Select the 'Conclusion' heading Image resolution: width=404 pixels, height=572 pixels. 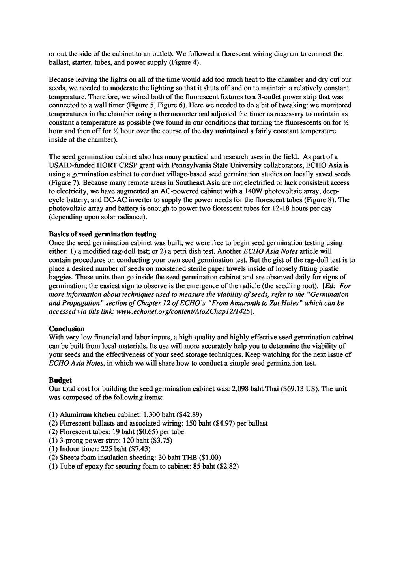point(67,329)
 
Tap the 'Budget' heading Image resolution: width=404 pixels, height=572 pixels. point(60,380)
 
